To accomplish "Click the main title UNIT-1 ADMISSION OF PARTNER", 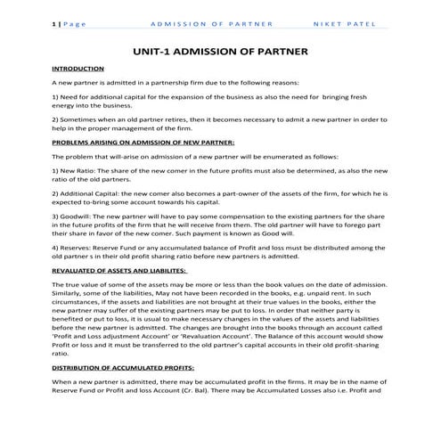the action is click(219, 53).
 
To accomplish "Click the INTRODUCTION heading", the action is click(78, 69).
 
